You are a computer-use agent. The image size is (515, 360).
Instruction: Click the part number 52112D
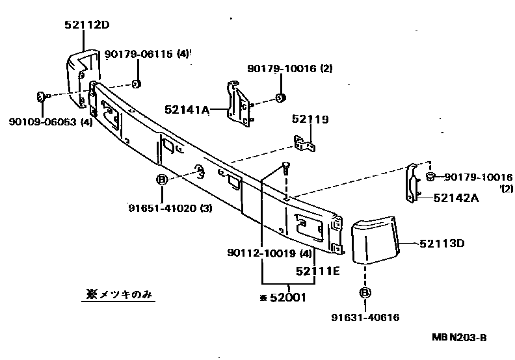tap(86, 25)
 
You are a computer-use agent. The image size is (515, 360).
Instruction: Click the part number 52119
tap(310, 120)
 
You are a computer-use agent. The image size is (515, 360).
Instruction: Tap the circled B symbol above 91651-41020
tap(162, 180)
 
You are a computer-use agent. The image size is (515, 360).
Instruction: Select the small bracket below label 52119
tap(304, 142)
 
